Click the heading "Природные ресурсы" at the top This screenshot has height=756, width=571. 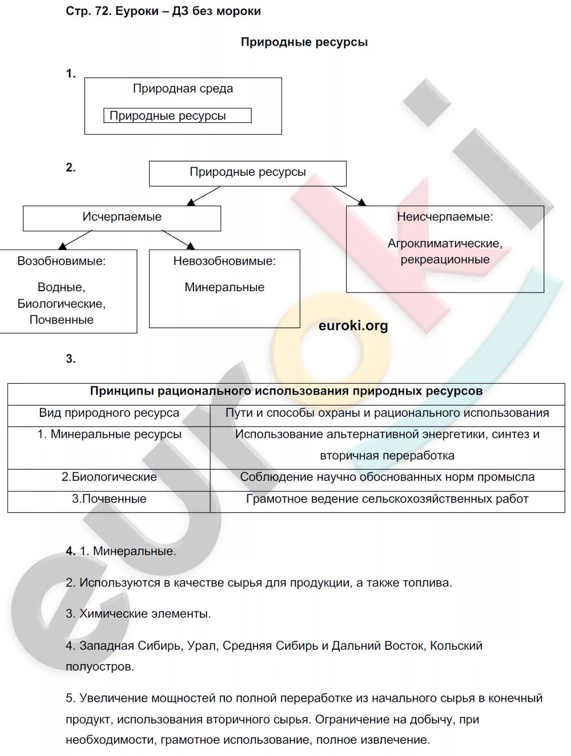(x=304, y=42)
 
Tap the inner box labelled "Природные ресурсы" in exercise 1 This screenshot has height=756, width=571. (x=176, y=116)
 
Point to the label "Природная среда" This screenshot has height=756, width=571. (x=183, y=89)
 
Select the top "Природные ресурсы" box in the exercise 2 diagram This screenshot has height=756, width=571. (x=247, y=172)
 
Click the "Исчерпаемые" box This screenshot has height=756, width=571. (x=122, y=218)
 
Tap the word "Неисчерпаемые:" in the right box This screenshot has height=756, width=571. (x=445, y=217)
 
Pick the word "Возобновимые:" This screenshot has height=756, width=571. (x=62, y=262)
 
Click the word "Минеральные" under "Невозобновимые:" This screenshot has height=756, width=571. (x=224, y=287)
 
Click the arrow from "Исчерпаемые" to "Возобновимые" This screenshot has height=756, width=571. (x=75, y=240)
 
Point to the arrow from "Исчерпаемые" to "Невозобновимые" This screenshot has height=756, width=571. (x=178, y=239)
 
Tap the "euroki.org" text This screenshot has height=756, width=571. (x=353, y=326)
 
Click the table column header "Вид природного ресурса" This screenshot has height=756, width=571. (x=109, y=413)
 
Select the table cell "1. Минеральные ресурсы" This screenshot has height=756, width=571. (x=109, y=435)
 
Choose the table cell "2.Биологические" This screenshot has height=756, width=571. (x=109, y=477)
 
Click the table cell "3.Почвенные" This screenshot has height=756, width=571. (x=109, y=499)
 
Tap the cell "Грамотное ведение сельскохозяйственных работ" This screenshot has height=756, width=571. (x=387, y=499)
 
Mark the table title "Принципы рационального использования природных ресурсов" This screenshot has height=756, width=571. (x=286, y=392)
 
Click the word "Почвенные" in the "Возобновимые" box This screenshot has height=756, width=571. (x=62, y=320)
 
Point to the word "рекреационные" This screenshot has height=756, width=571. (x=445, y=260)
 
